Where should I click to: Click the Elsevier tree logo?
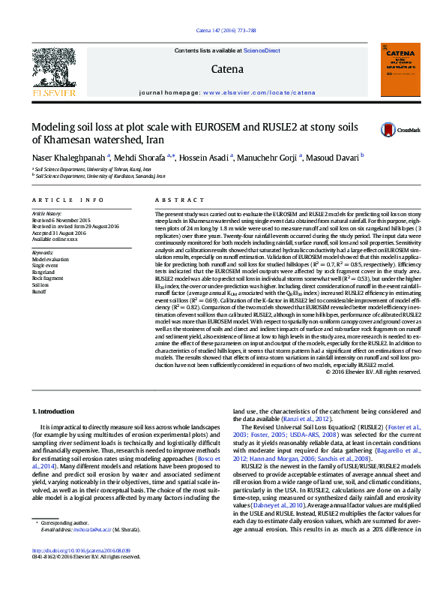(48, 66)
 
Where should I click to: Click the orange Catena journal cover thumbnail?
(400, 69)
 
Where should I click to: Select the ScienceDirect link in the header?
(262, 50)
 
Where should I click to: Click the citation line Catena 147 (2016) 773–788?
(223, 31)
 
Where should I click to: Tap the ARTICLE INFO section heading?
(67, 200)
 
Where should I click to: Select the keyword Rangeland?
(44, 271)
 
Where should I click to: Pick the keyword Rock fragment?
(47, 278)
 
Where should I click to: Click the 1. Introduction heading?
(56, 412)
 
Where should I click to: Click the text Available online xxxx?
(54, 239)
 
